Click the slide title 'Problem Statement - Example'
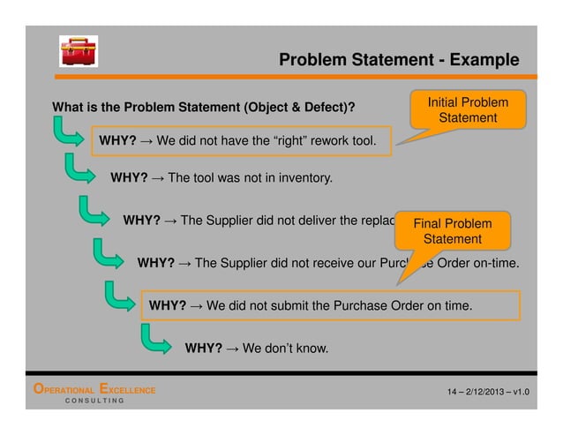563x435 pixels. click(398, 60)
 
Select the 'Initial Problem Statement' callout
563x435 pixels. click(467, 110)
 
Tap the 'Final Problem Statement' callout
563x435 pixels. click(452, 230)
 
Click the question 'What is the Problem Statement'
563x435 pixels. click(204, 109)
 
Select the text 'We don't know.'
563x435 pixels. click(284, 349)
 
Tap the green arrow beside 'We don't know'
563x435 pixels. click(157, 339)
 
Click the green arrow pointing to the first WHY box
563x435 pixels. click(69, 134)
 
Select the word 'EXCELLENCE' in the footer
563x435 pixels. click(129, 390)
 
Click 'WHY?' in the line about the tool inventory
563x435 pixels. click(129, 178)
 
